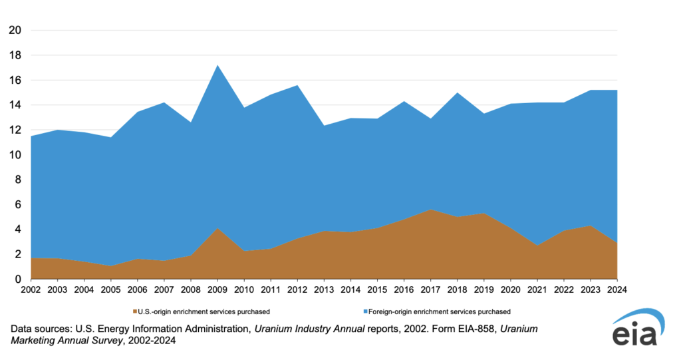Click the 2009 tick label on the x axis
(x=217, y=289)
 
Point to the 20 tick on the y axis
(x=15, y=31)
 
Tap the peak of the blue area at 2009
(x=217, y=65)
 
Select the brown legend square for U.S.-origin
(x=135, y=311)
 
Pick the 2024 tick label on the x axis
(x=618, y=289)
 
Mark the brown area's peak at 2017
(x=431, y=210)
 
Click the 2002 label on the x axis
(x=31, y=289)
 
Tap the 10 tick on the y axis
(x=15, y=155)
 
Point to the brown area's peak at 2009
(x=217, y=228)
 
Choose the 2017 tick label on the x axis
(x=431, y=289)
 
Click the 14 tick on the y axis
(x=15, y=105)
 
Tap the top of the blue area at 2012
(x=297, y=85)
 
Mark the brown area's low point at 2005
(x=110, y=266)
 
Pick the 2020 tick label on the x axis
(x=511, y=289)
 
